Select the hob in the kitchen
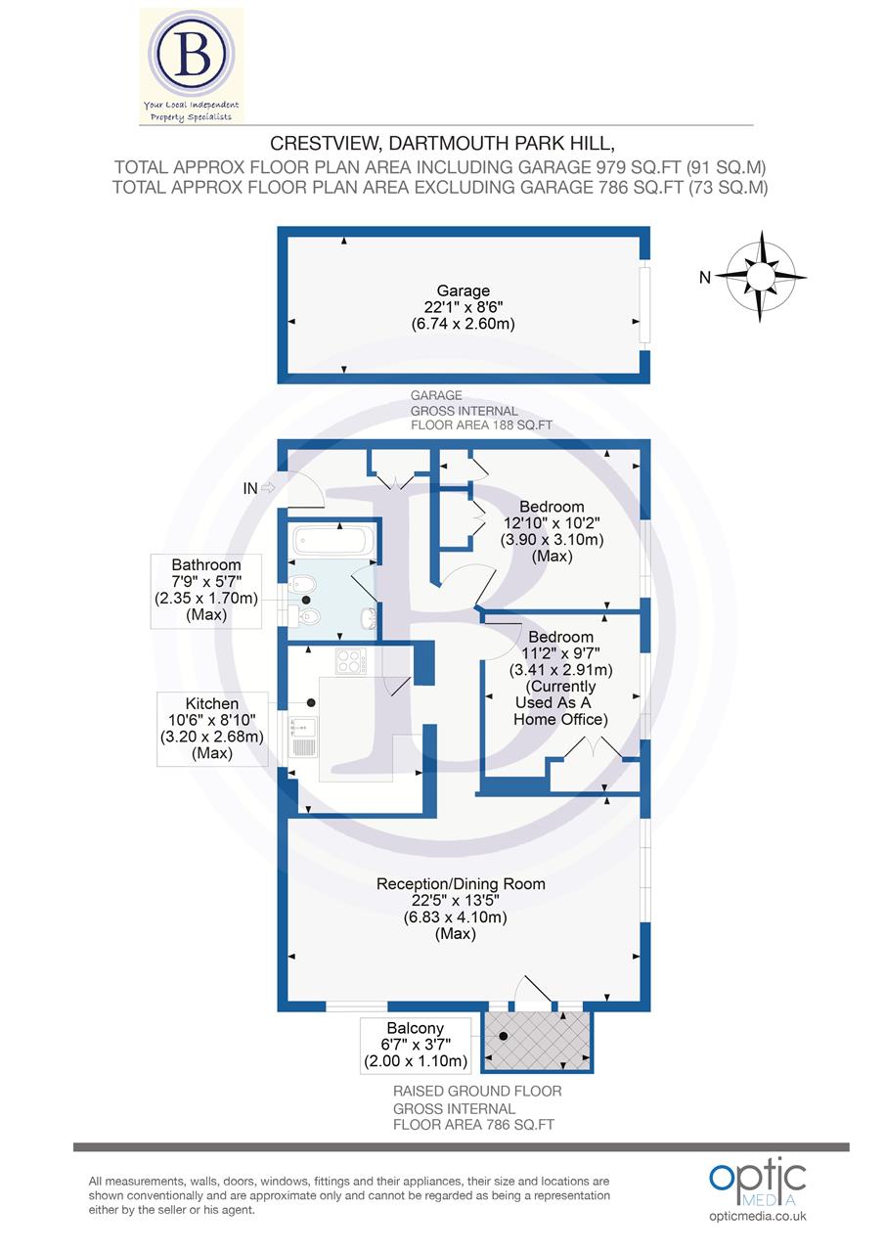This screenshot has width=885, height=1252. tap(350, 662)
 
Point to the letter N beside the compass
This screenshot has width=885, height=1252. tap(704, 278)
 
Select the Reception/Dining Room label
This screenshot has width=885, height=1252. tap(461, 884)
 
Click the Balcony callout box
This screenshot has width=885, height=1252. tap(416, 1045)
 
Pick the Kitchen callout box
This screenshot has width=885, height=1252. tap(212, 729)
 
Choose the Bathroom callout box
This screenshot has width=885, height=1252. tap(205, 590)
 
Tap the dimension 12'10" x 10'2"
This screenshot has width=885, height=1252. tap(552, 523)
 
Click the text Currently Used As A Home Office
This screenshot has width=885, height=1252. tap(560, 702)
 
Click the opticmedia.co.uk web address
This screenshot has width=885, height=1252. tap(758, 1216)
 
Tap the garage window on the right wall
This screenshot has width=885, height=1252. tap(643, 303)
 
